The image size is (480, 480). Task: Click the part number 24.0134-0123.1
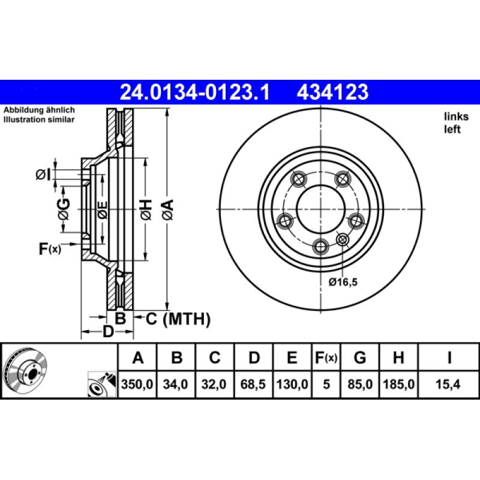(196, 92)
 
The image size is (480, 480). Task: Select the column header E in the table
(292, 358)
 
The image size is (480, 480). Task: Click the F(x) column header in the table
(326, 358)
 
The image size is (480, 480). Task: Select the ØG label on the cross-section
(64, 210)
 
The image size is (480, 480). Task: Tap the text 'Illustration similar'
(39, 120)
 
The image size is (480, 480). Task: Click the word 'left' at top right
(452, 130)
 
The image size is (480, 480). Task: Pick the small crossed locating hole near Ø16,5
(343, 240)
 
